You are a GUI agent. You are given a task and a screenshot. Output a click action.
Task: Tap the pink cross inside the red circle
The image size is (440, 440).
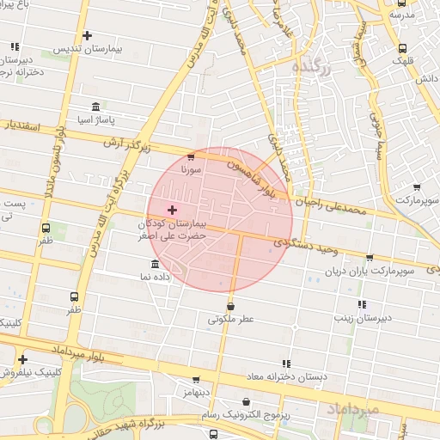point(172,210)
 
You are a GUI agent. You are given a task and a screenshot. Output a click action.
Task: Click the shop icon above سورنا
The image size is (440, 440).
point(190,156)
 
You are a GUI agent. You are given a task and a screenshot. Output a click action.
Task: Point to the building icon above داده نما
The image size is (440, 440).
point(155,264)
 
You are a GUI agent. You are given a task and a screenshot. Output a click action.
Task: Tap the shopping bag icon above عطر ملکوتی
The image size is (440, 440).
point(230,305)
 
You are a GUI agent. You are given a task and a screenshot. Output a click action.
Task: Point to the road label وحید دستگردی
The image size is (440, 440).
point(302,246)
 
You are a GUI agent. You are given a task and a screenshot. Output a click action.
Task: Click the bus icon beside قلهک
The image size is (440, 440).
point(403,48)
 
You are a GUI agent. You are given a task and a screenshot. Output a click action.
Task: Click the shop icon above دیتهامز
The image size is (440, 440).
point(196,380)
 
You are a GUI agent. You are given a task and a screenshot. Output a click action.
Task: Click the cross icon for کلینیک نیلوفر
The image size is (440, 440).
point(22,359)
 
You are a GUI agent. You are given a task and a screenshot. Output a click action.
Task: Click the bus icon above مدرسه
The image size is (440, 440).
point(404,3)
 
